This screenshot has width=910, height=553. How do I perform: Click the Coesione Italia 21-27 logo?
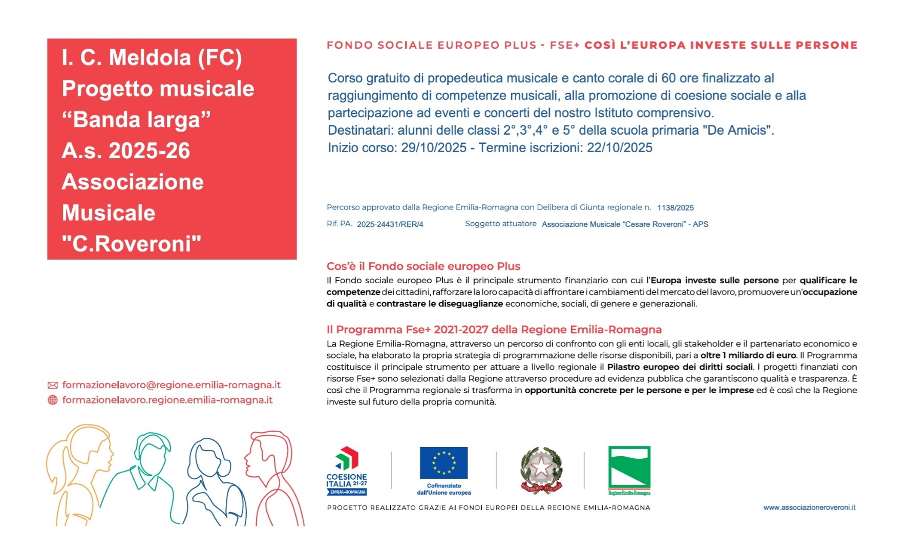pyautogui.click(x=347, y=471)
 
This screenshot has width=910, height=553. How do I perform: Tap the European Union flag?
pyautogui.click(x=443, y=463)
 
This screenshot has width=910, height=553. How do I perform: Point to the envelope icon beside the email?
pyautogui.click(x=52, y=385)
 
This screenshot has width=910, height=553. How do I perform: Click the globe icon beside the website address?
pyautogui.click(x=52, y=400)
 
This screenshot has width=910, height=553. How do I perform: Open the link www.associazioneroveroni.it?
pyautogui.click(x=809, y=507)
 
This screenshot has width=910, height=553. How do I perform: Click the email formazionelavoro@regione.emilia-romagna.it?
pyautogui.click(x=171, y=385)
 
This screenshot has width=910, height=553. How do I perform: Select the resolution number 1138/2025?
pyautogui.click(x=675, y=208)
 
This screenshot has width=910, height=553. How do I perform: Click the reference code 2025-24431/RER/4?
pyautogui.click(x=390, y=224)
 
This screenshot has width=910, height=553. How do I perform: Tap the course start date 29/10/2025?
pyautogui.click(x=433, y=148)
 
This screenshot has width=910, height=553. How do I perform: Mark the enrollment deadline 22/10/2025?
pyautogui.click(x=619, y=148)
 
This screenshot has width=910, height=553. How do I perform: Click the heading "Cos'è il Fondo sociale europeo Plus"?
pyautogui.click(x=423, y=266)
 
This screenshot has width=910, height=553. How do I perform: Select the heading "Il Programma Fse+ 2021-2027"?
pyautogui.click(x=494, y=330)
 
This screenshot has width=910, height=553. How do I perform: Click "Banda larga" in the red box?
pyautogui.click(x=136, y=120)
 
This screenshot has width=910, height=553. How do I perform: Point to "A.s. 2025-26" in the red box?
pyautogui.click(x=125, y=151)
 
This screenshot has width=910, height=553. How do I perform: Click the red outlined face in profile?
pyautogui.click(x=269, y=461)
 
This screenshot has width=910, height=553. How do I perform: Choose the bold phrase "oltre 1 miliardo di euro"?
pyautogui.click(x=748, y=355)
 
